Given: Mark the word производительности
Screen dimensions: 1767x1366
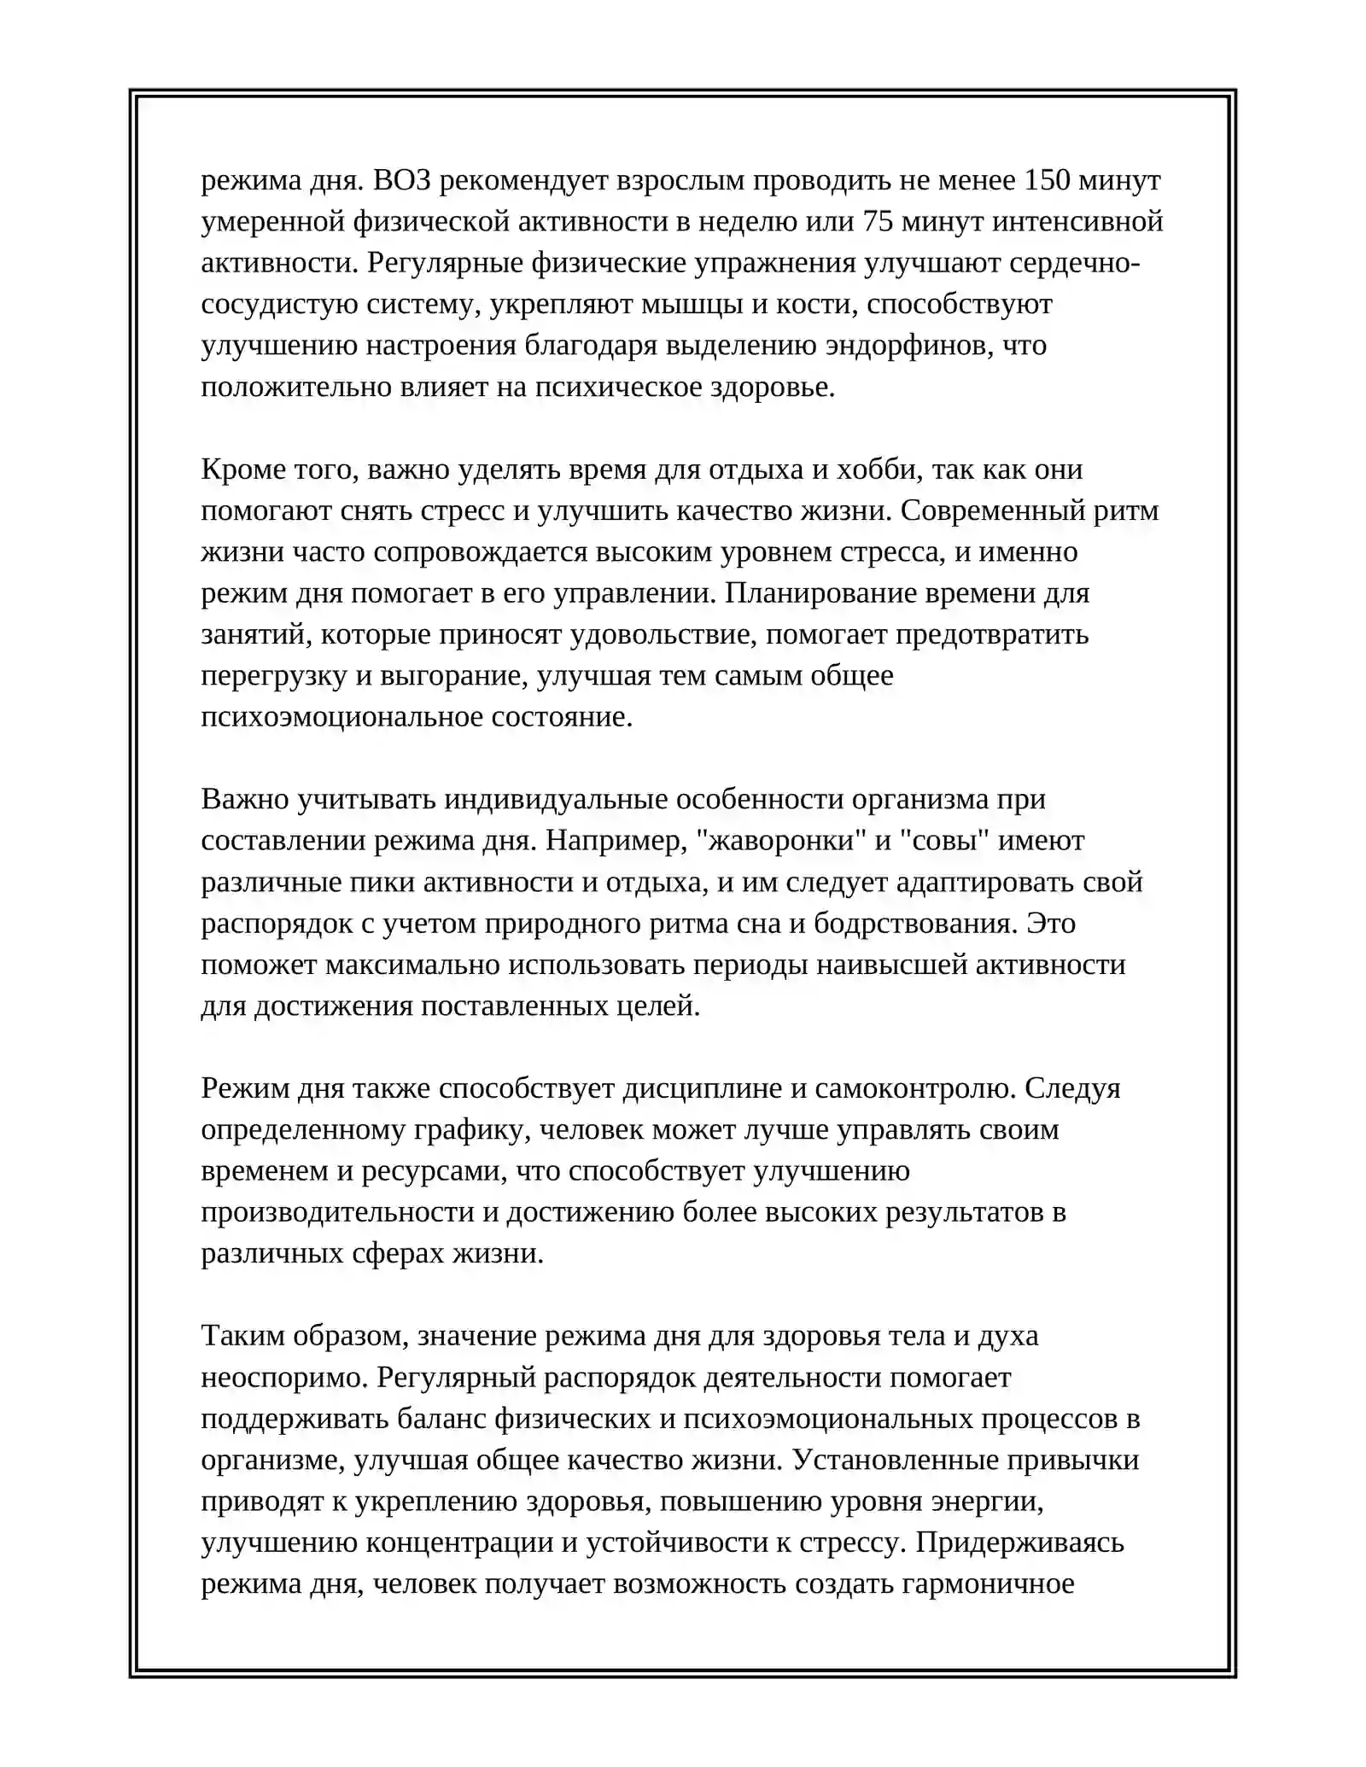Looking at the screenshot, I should tap(349, 1212).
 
